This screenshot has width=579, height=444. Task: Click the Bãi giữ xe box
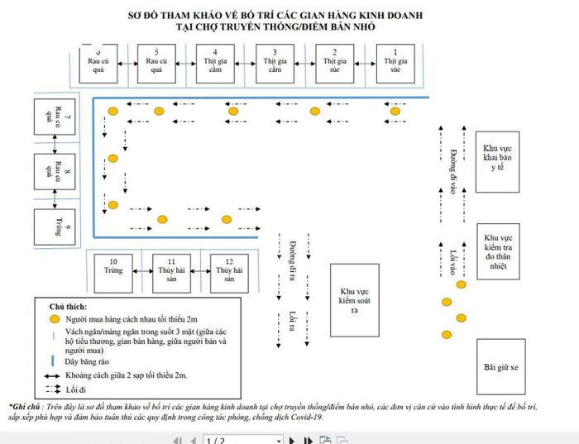coord(500,364)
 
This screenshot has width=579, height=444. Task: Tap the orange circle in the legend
coord(55,318)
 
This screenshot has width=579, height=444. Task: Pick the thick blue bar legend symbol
coord(54,360)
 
